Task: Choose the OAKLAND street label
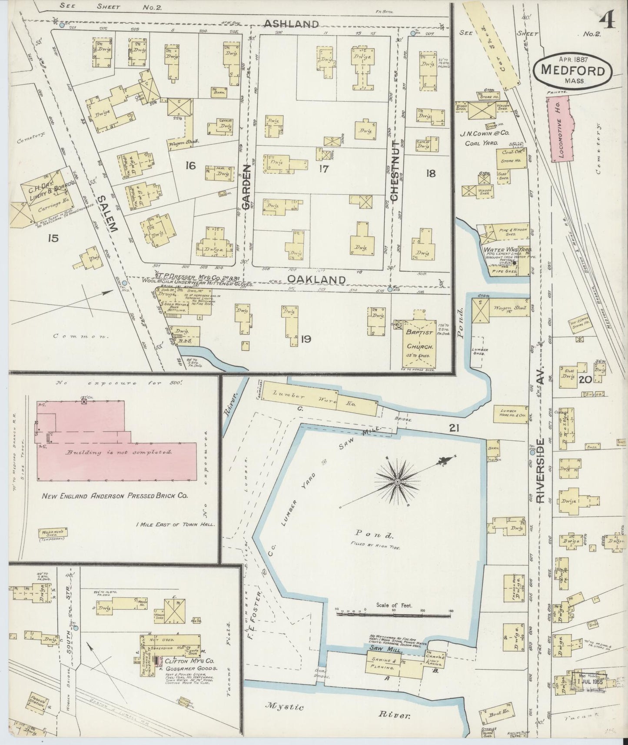[x=317, y=279]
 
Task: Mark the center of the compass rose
[x=397, y=482]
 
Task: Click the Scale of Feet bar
[x=393, y=615]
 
